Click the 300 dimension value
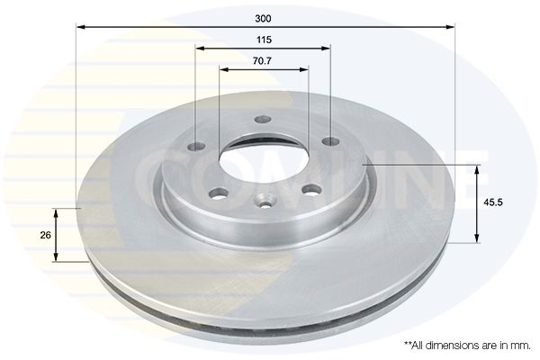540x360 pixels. click(263, 19)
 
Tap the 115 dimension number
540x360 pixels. click(264, 40)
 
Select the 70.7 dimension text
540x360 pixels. click(263, 61)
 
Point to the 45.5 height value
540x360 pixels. click(493, 202)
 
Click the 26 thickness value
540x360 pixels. click(46, 235)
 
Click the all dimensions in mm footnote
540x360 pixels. click(467, 345)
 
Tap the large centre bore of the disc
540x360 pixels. click(265, 161)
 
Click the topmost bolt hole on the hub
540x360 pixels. click(263, 120)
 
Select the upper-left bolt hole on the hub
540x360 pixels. click(196, 147)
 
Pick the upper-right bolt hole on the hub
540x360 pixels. click(330, 141)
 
